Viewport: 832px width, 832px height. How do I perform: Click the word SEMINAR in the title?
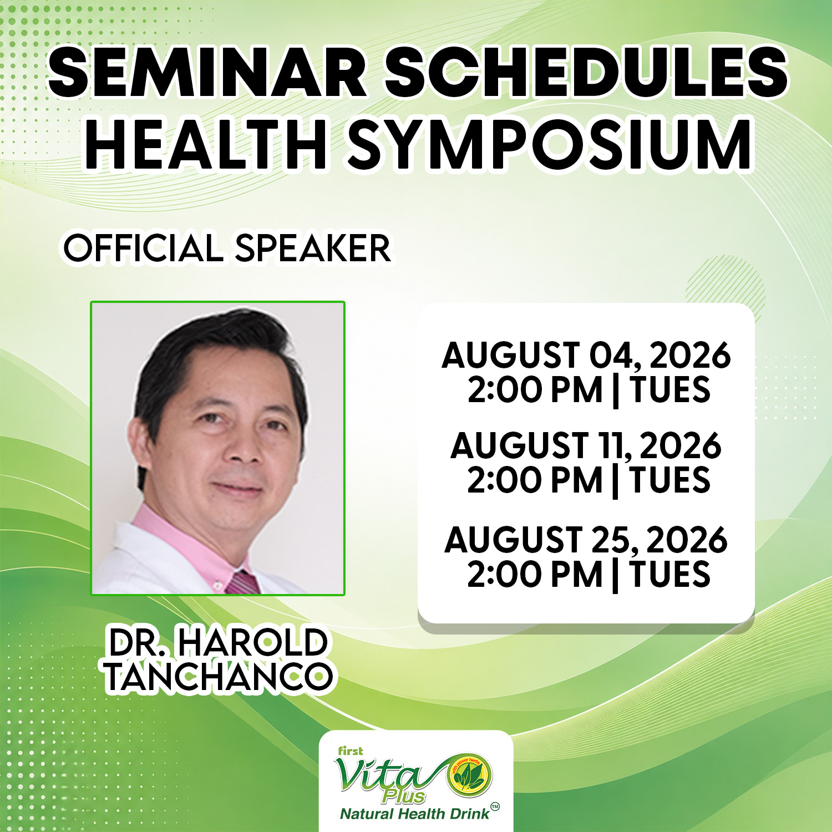(x=208, y=72)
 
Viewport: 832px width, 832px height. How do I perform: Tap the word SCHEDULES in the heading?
(x=586, y=72)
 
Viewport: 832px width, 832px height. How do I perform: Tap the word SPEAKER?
(x=313, y=248)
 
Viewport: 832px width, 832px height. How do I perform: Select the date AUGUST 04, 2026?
(x=586, y=355)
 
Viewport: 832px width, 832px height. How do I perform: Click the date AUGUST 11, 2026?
(x=586, y=445)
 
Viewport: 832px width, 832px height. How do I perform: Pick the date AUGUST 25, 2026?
(x=586, y=540)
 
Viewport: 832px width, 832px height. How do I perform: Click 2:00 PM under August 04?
(x=535, y=389)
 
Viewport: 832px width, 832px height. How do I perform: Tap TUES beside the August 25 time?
(x=670, y=574)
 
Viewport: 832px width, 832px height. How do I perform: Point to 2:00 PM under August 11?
(x=535, y=480)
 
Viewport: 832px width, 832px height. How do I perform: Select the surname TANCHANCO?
(x=219, y=676)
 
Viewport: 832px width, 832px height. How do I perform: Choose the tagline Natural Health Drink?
(x=415, y=814)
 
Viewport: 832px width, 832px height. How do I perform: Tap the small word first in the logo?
(x=351, y=751)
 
